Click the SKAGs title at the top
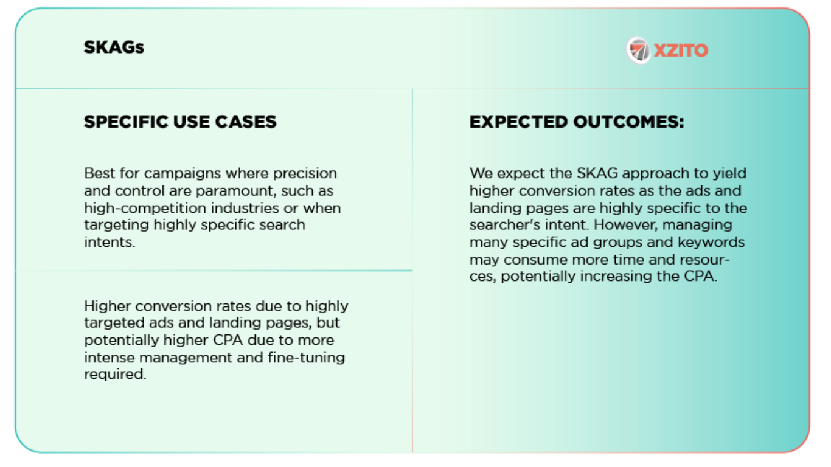[x=114, y=47]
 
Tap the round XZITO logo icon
[x=639, y=50]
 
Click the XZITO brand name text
[x=681, y=50]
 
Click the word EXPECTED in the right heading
[x=518, y=122]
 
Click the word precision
[x=307, y=173]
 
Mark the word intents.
[x=109, y=242]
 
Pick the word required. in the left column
[x=115, y=375]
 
